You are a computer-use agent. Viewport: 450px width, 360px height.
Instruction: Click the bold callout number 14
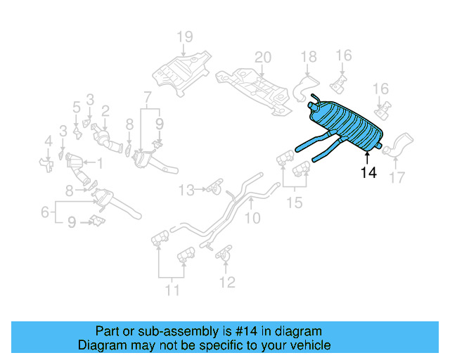pos(368,173)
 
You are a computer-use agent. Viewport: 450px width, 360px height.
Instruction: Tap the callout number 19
pos(184,37)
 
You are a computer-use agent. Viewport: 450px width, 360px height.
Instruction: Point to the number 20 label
pos(262,57)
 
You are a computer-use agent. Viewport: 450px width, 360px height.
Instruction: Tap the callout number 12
pos(226,283)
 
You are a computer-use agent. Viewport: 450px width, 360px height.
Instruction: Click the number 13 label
pos(186,189)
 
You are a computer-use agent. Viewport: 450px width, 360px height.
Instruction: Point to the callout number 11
pos(172,289)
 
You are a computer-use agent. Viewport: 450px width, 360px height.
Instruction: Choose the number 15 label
pos(295,203)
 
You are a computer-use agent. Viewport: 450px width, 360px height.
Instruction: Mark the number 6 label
pos(44,211)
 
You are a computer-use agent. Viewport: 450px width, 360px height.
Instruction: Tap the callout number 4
pos(48,142)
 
